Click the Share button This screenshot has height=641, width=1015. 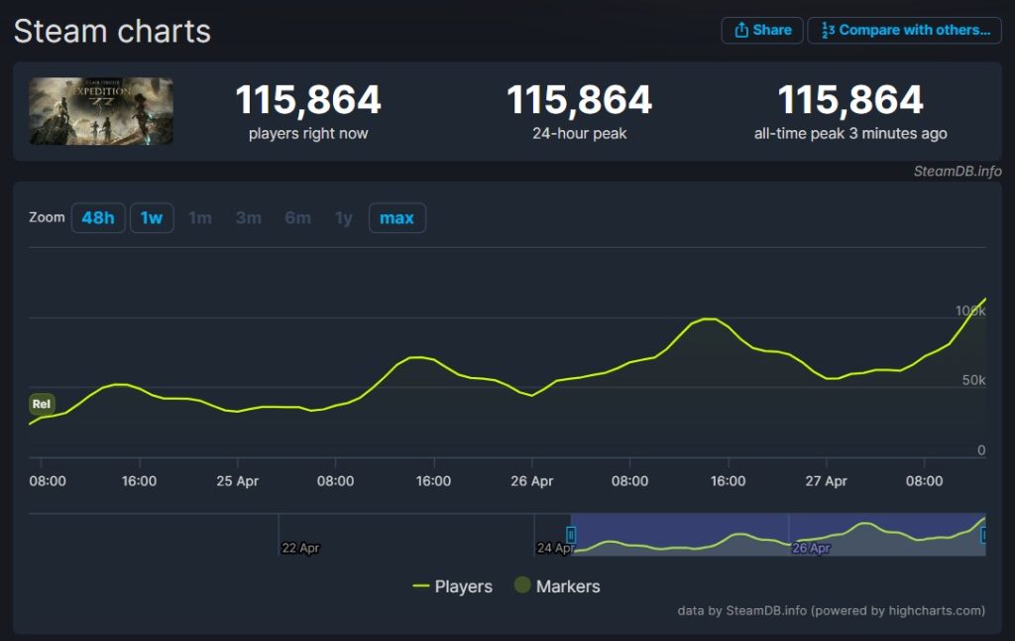pyautogui.click(x=761, y=30)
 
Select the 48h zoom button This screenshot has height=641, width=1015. pyautogui.click(x=98, y=217)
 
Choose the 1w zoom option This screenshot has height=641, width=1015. pyautogui.click(x=152, y=217)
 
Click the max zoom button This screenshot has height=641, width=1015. pyautogui.click(x=396, y=217)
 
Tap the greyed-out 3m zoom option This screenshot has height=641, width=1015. pyautogui.click(x=248, y=217)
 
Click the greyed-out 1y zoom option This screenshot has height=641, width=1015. pyautogui.click(x=343, y=217)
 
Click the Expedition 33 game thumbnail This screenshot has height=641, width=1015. pyautogui.click(x=101, y=111)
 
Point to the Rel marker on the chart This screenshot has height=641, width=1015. pyautogui.click(x=42, y=404)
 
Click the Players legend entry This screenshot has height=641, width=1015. pyautogui.click(x=452, y=586)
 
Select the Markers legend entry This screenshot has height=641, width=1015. pyautogui.click(x=557, y=586)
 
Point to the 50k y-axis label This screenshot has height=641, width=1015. pyautogui.click(x=973, y=381)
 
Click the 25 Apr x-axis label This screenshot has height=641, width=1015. pyautogui.click(x=237, y=481)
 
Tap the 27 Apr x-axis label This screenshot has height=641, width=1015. pyautogui.click(x=826, y=481)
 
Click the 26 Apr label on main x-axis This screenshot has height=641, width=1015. pyautogui.click(x=531, y=481)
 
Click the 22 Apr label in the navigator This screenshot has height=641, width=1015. pyautogui.click(x=300, y=548)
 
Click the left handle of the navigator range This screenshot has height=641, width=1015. pyautogui.click(x=571, y=535)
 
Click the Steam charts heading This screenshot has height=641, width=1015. pyautogui.click(x=112, y=31)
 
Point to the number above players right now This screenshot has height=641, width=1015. pyautogui.click(x=307, y=100)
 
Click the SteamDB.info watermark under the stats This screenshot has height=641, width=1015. pyautogui.click(x=957, y=171)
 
